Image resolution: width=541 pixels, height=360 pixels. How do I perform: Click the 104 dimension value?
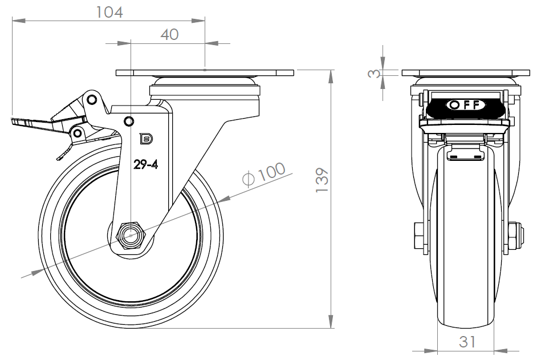(109, 13)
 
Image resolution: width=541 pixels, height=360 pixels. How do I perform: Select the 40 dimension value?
(169, 34)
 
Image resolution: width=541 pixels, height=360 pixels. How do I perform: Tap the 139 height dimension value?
(322, 180)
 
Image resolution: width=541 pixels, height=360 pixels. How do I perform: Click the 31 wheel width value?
(467, 342)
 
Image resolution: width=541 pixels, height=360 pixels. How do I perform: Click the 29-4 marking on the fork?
(145, 165)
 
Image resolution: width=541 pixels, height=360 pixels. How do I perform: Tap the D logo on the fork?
(146, 139)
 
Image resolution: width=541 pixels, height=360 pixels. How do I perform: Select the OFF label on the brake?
(466, 104)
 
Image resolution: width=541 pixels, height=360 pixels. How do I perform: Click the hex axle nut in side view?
(132, 236)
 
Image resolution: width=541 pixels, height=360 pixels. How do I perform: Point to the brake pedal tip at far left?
(13, 121)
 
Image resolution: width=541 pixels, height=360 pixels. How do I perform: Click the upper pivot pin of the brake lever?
(91, 100)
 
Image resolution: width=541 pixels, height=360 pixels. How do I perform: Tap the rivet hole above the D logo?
(129, 121)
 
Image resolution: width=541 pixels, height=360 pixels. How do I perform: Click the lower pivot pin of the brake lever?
(78, 133)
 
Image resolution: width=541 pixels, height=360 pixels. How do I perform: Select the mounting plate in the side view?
(205, 73)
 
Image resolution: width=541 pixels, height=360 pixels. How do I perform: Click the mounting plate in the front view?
(466, 73)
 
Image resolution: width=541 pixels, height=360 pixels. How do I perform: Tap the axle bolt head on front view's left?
(418, 236)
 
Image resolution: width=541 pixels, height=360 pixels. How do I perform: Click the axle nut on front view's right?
(516, 236)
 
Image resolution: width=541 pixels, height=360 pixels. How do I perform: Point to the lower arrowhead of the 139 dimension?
(331, 321)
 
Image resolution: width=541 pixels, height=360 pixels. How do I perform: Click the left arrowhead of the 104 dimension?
(19, 21)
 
